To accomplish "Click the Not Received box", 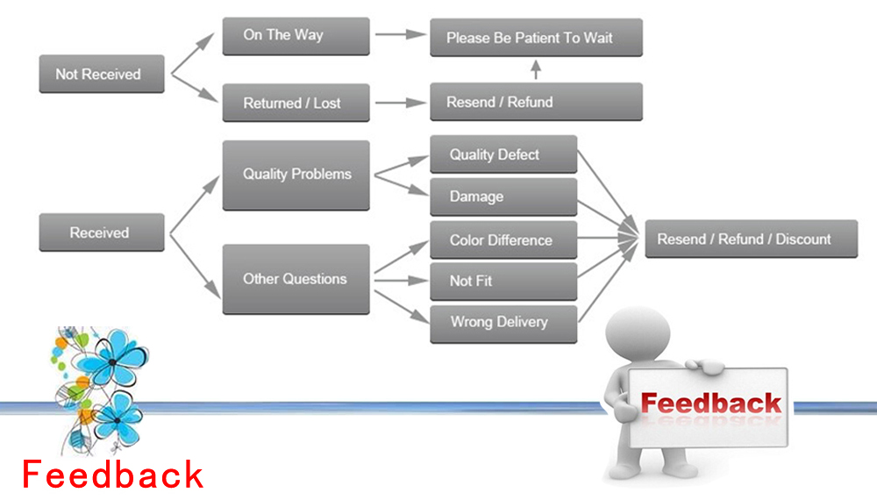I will point(102,75).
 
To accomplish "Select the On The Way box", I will point(296,36).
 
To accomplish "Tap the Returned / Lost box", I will point(296,103).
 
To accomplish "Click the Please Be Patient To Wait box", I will point(536,38).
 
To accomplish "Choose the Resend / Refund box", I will point(536,102).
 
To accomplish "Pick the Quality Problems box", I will point(296,175).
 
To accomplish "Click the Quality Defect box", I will point(503,154).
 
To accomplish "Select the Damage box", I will point(503,196).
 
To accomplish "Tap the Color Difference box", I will point(503,239).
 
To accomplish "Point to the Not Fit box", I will point(503,281).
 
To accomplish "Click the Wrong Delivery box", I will point(503,323).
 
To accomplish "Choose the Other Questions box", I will point(296,279).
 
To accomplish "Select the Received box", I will point(102,232).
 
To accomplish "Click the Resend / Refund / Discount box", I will point(751,239).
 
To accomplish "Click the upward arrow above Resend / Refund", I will point(536,70).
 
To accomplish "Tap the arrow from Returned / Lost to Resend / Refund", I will point(399,103).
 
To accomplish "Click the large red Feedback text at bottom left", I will point(112,475).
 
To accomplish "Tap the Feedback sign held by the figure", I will point(709,405).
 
